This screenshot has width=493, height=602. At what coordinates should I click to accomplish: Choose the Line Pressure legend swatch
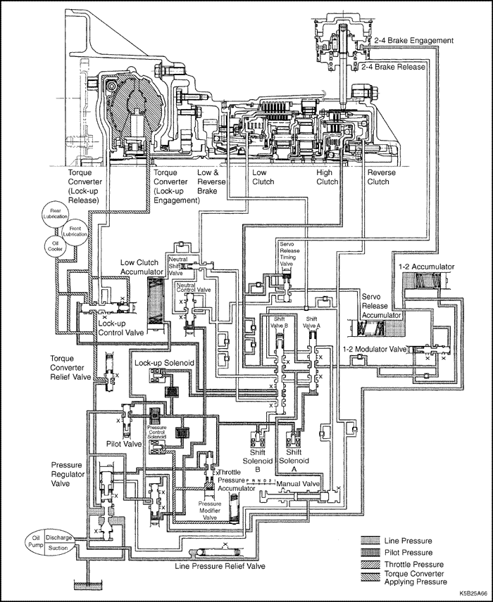pos(370,541)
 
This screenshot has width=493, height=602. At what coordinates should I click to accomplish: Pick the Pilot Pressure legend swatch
pos(370,553)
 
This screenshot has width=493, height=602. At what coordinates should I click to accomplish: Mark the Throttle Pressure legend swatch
pos(370,565)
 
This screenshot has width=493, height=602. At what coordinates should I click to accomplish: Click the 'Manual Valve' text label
pos(299,485)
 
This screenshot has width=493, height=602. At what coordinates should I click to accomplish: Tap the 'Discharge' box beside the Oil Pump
pos(59,538)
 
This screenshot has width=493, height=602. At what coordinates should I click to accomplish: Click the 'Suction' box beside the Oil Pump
pos(59,549)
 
